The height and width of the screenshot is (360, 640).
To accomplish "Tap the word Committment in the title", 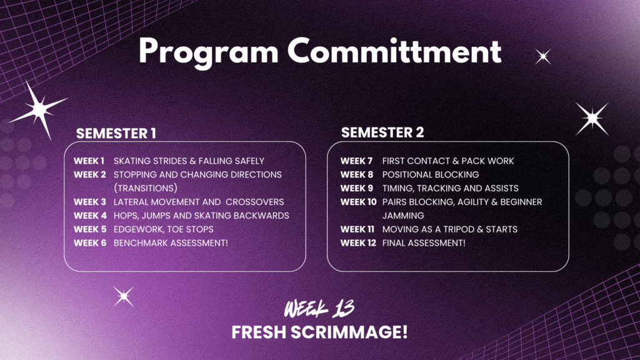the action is [x=394, y=51].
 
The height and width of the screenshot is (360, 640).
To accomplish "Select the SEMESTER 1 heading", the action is [x=116, y=134].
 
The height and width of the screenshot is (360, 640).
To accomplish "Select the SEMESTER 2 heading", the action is [x=382, y=132].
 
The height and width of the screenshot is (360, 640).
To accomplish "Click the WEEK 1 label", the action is [x=89, y=161].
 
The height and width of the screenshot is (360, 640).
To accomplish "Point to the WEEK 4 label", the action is [x=90, y=216].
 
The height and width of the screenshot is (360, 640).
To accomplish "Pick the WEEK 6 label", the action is [x=90, y=243].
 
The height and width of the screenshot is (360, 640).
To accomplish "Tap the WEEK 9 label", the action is [x=357, y=188].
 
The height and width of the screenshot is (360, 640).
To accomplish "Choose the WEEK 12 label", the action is [x=358, y=243].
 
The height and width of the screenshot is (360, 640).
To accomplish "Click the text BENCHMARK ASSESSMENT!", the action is [x=171, y=243].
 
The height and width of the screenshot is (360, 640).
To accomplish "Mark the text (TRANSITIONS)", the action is [x=145, y=188].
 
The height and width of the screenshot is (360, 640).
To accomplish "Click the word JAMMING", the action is [x=403, y=216].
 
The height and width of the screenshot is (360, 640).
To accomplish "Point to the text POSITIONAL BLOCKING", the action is [x=431, y=175].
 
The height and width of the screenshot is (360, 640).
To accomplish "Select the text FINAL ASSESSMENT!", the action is [x=424, y=243].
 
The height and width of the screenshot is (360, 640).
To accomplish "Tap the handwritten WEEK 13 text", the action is [x=319, y=309].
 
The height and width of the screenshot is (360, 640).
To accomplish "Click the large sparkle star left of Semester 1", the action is [x=39, y=109].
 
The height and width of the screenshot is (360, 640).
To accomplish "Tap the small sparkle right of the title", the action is [x=543, y=56].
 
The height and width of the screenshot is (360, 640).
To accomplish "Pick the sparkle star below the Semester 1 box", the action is [x=124, y=296].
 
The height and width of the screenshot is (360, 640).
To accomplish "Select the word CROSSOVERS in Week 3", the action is [x=255, y=202].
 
